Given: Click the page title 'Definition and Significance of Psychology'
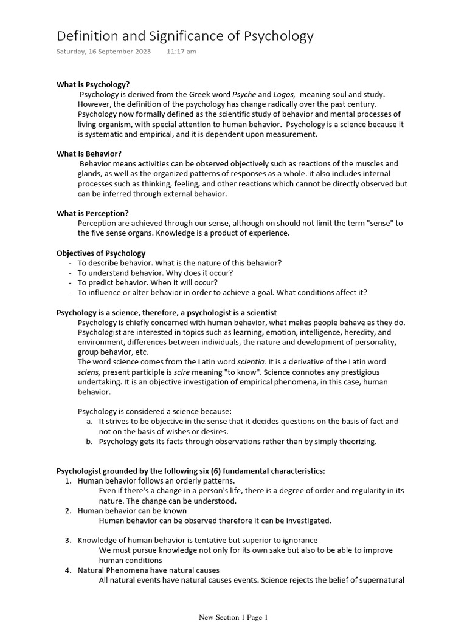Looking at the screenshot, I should (x=185, y=36).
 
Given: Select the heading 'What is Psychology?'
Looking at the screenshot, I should (x=93, y=84).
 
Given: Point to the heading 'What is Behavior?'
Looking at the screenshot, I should (x=89, y=154).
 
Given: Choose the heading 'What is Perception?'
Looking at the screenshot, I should (x=92, y=213).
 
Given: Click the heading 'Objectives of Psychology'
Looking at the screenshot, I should (x=101, y=253).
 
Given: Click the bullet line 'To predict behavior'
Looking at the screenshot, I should (x=147, y=282).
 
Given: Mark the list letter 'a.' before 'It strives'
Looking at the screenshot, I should (x=89, y=421).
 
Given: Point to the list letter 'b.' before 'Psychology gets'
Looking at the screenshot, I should (x=89, y=442).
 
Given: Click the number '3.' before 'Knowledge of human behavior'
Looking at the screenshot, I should (x=68, y=540).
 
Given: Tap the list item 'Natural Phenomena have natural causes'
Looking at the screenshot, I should (x=148, y=570).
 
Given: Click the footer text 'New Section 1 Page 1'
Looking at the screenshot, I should (x=233, y=617).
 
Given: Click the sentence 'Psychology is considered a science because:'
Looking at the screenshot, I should (x=154, y=411).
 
